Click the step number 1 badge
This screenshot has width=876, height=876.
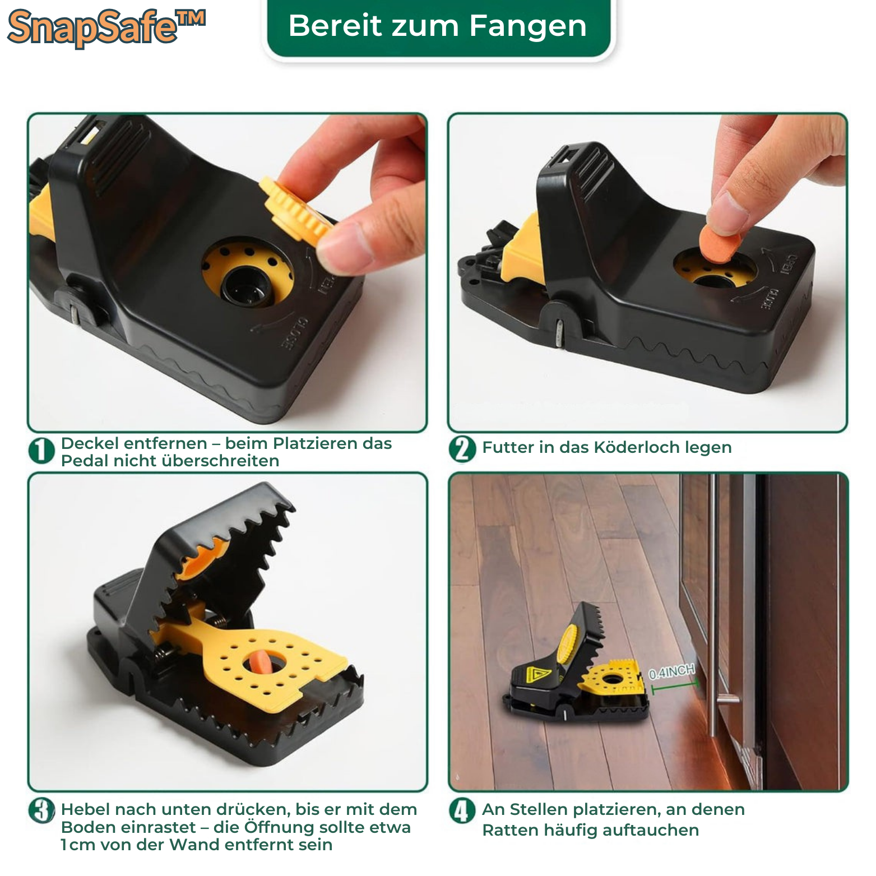(x=41, y=452)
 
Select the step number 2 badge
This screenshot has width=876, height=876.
(x=462, y=449)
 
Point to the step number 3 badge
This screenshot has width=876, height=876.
(x=41, y=810)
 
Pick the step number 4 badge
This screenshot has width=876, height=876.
(x=462, y=810)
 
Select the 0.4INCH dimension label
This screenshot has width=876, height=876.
(x=671, y=671)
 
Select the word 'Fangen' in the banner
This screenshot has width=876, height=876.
(x=528, y=27)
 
